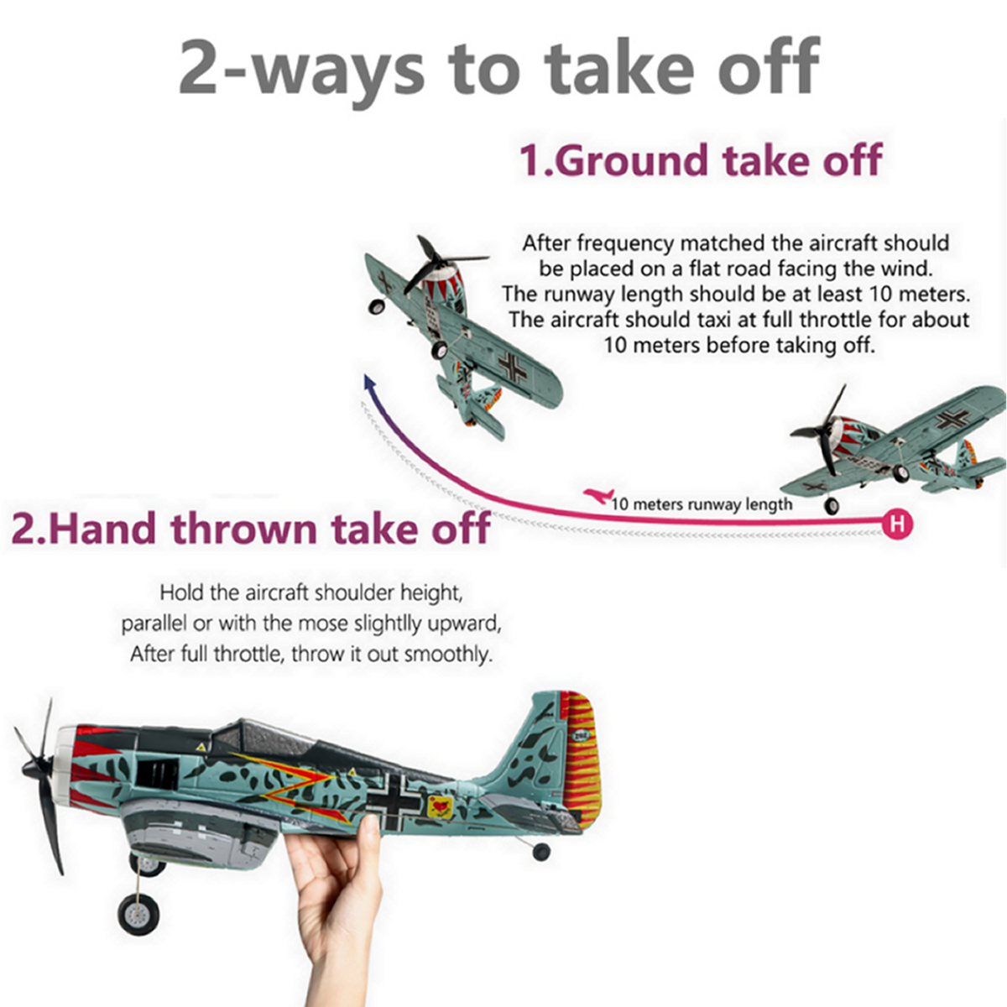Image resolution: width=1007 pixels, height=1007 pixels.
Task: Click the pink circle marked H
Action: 898,523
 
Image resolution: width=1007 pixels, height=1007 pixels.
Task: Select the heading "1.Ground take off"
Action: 701,160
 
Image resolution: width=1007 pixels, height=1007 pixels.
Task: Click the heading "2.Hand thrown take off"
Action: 250,528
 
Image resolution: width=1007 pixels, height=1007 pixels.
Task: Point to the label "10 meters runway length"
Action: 702,504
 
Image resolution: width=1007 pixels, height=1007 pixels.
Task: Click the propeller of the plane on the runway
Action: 823,434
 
